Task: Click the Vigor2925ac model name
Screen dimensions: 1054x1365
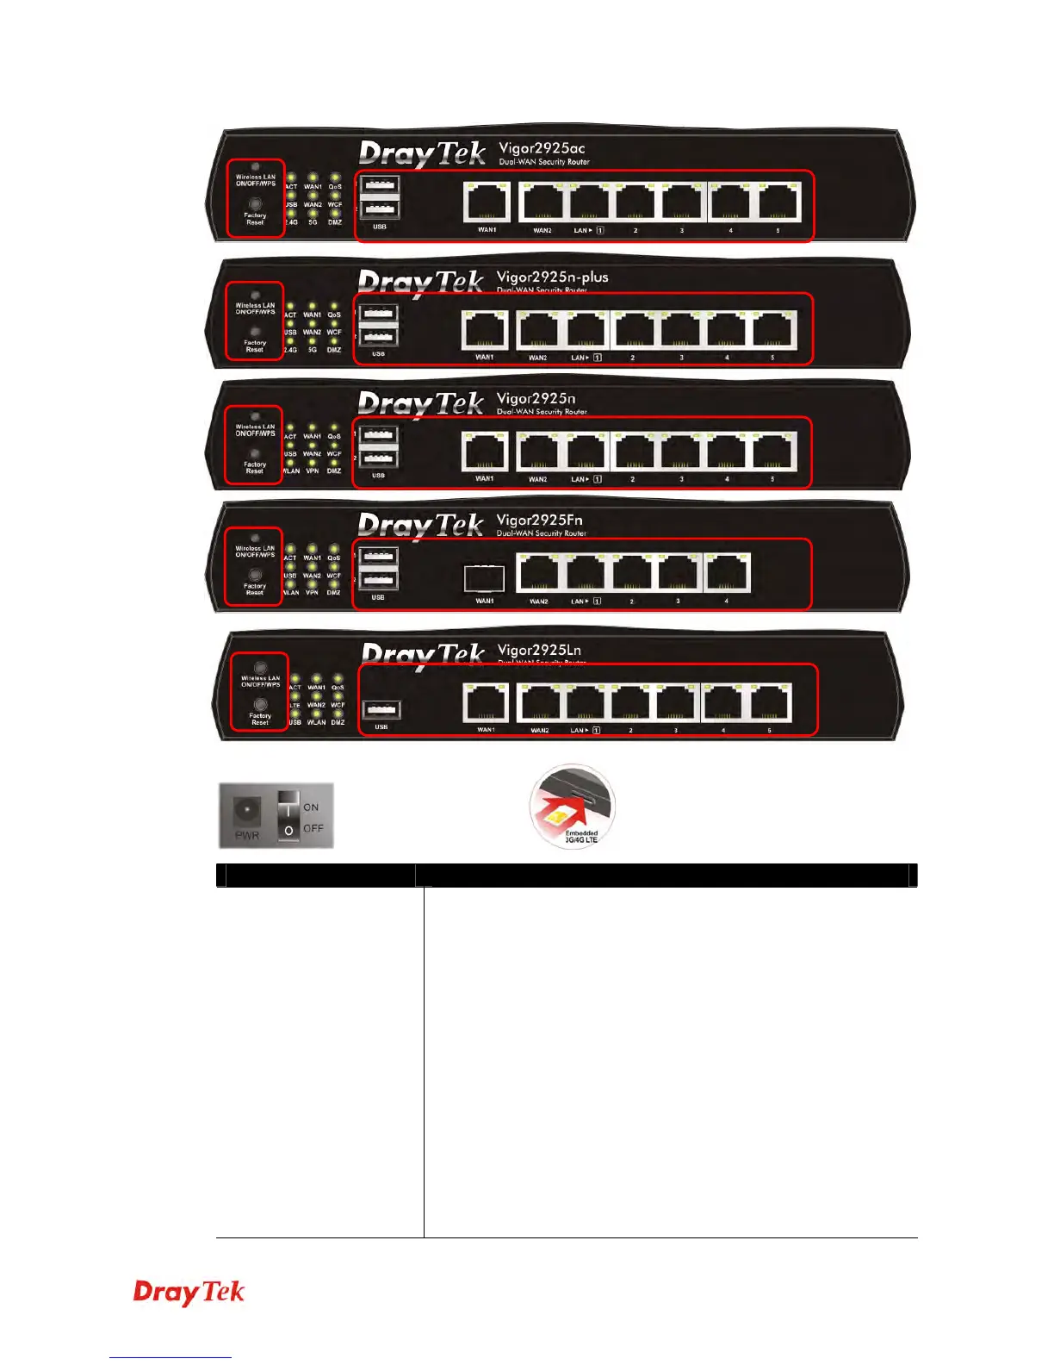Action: pyautogui.click(x=542, y=148)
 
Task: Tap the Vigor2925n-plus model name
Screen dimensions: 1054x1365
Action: pyautogui.click(x=552, y=277)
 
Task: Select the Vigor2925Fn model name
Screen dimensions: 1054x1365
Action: pyautogui.click(x=539, y=520)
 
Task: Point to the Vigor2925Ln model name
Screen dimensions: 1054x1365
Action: pyautogui.click(x=539, y=650)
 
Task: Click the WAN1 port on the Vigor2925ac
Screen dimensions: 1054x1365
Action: pyautogui.click(x=487, y=203)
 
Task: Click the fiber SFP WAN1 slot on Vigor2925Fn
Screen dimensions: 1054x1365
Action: pyautogui.click(x=484, y=577)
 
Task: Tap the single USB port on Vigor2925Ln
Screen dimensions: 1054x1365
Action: pyautogui.click(x=381, y=710)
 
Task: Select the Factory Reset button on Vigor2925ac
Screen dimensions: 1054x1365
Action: pyautogui.click(x=255, y=204)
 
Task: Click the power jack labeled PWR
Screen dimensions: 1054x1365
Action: pyautogui.click(x=247, y=811)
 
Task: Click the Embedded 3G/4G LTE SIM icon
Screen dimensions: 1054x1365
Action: pyautogui.click(x=573, y=805)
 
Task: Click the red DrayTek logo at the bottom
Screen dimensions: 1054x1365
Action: pyautogui.click(x=189, y=1292)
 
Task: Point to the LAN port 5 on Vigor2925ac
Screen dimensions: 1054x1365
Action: pyautogui.click(x=779, y=203)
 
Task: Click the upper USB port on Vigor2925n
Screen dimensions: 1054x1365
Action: pyautogui.click(x=379, y=435)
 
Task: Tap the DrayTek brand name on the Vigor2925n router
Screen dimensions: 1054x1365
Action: pyautogui.click(x=421, y=403)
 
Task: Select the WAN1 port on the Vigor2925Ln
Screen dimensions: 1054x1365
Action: pyautogui.click(x=487, y=702)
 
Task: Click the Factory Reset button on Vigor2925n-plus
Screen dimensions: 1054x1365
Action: pyautogui.click(x=255, y=332)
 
